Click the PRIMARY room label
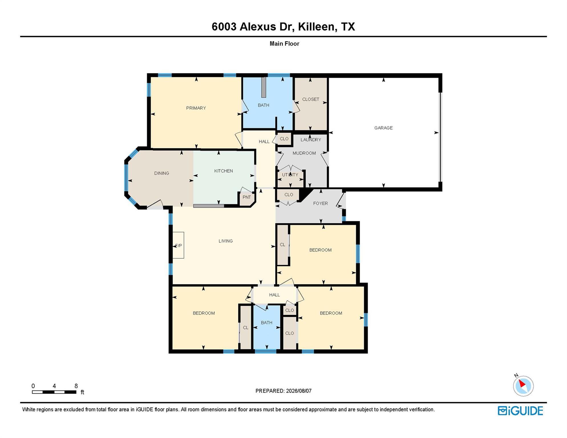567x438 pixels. [x=196, y=108]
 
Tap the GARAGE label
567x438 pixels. [x=383, y=128]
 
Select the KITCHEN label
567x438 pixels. [x=224, y=171]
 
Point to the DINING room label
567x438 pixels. [x=162, y=173]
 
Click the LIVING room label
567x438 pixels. [x=226, y=241]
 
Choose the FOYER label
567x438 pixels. [x=321, y=204]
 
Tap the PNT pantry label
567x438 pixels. [x=247, y=197]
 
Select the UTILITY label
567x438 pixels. [x=290, y=175]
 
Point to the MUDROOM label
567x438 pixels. [x=304, y=153]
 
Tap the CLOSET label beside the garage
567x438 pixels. [x=311, y=100]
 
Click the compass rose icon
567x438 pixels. [x=523, y=386]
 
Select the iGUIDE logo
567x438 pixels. [x=520, y=411]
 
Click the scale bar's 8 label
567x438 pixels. [x=76, y=386]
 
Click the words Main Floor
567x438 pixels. [x=284, y=44]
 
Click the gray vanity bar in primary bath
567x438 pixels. [x=264, y=87]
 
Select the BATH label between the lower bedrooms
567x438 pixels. [x=267, y=323]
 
